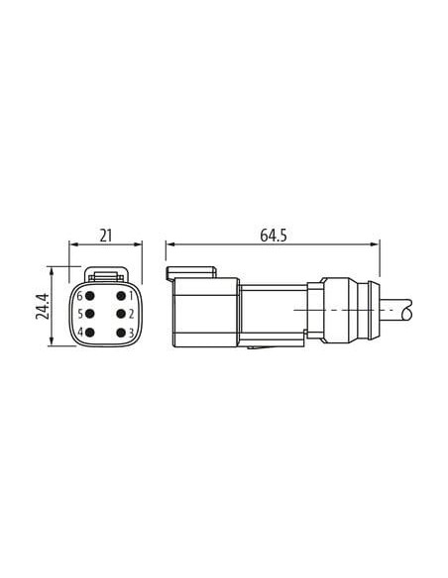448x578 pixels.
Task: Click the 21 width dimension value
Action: [105, 236]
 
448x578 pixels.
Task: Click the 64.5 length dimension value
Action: [274, 236]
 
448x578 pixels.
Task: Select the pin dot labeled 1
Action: [121, 296]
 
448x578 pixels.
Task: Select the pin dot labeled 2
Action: [121, 314]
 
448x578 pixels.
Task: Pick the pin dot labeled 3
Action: [121, 333]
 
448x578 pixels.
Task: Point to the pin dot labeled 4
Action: [89, 333]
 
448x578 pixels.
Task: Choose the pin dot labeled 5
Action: [89, 314]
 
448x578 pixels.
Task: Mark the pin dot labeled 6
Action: [89, 296]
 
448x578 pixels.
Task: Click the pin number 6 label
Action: [79, 296]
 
